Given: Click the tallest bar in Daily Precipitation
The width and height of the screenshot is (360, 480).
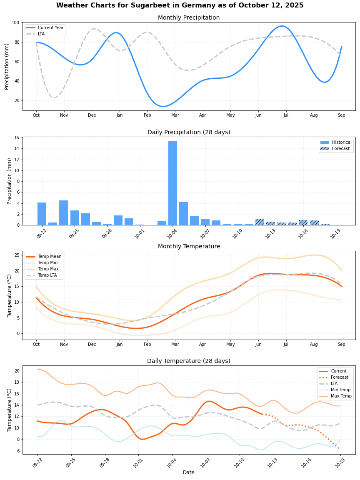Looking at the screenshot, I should (x=172, y=183).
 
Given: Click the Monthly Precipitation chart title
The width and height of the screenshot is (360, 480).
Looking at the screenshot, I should (x=188, y=18).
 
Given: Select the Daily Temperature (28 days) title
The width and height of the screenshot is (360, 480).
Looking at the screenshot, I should (x=188, y=361).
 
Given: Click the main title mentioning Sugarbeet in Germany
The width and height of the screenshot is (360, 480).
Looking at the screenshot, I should (x=180, y=5).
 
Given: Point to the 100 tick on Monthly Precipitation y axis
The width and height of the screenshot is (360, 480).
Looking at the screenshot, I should (x=15, y=22).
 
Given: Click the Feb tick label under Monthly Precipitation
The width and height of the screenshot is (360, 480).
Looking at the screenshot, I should (x=147, y=115).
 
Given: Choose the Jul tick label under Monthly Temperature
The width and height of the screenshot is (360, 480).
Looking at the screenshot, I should (x=286, y=345).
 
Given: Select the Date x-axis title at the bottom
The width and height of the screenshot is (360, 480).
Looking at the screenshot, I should (x=188, y=472).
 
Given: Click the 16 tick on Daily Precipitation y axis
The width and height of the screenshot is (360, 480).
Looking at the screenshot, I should (x=17, y=137).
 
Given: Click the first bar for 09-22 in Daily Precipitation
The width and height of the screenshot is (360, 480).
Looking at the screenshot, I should (x=42, y=214).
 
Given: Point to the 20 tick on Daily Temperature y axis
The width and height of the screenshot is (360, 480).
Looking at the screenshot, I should (x=17, y=371).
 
